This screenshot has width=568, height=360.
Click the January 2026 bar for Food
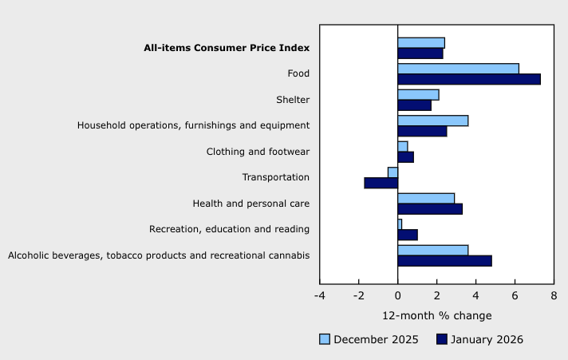[469, 79]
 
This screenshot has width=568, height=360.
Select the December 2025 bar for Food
[458, 69]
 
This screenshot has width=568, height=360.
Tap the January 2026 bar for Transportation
[381, 183]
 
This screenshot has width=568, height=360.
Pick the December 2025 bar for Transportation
[392, 172]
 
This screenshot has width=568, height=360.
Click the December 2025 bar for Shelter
[418, 95]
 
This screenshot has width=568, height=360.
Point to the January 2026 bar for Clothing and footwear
[405, 157]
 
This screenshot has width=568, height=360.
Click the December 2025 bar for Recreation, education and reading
[400, 224]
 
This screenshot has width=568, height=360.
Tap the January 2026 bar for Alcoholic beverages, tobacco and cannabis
[444, 261]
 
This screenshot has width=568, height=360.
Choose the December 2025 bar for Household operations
[432, 121]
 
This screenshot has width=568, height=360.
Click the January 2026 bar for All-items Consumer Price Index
[420, 53]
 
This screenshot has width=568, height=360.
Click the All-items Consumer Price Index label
[226, 48]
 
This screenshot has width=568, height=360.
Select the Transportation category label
[276, 177]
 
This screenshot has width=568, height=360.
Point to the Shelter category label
[292, 100]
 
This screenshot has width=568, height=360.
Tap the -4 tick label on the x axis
[319, 296]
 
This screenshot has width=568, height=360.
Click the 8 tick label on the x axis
[553, 296]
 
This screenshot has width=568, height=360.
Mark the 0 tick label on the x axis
[397, 296]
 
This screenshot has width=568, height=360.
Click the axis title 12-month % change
[436, 315]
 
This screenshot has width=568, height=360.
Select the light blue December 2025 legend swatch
[325, 339]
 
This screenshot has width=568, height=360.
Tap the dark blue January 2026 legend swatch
[441, 339]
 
